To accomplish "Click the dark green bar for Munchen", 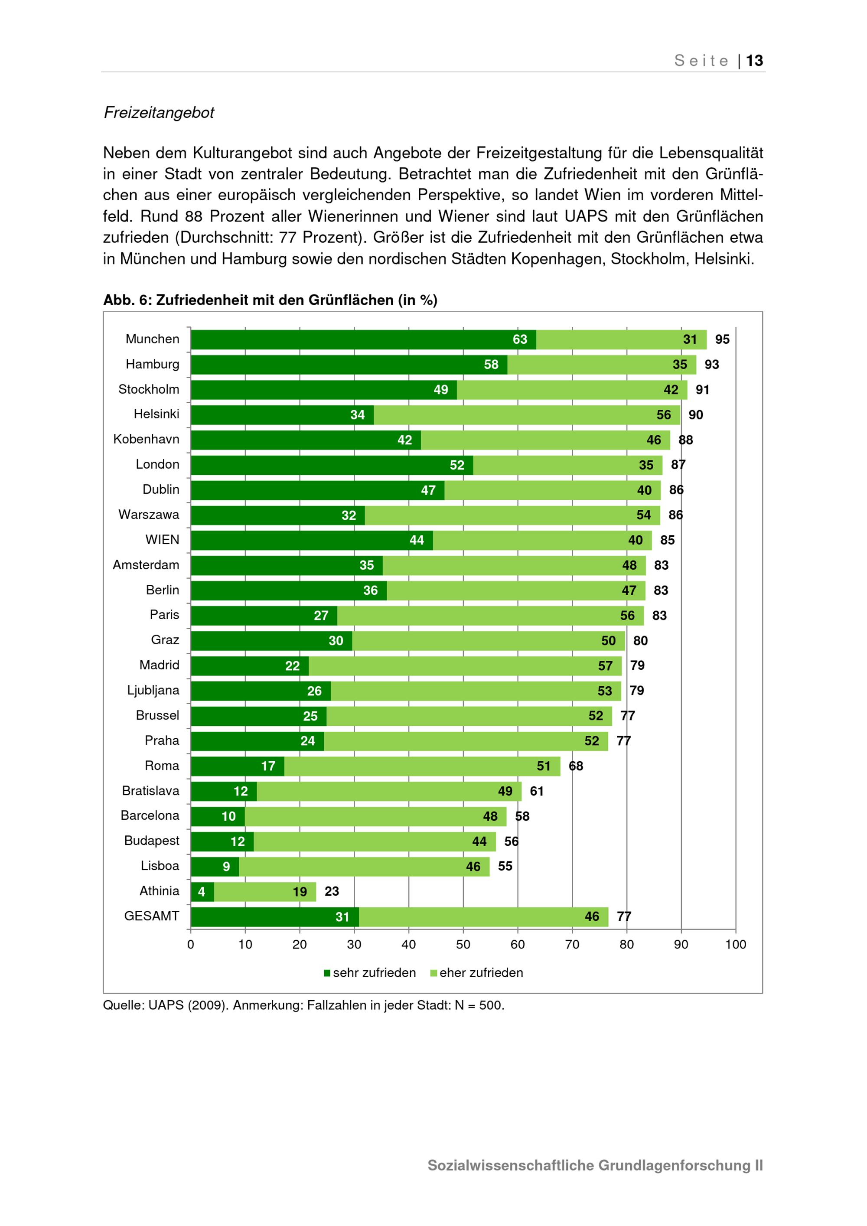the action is tap(364, 339).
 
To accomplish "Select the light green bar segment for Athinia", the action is tap(265, 892).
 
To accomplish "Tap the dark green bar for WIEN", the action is tap(312, 540).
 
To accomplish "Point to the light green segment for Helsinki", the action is tap(527, 415).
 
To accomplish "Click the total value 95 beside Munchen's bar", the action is tap(722, 339).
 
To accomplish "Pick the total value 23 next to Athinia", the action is tap(332, 891).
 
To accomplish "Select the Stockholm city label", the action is tap(149, 389).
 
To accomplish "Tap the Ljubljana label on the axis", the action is tap(153, 691).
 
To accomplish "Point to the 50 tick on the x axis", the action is tap(463, 944).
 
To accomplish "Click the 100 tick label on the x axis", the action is tap(736, 944).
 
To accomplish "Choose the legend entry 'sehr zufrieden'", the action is tap(370, 972).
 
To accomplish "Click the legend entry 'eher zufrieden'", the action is tap(477, 972).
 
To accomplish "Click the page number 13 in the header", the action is tap(754, 60).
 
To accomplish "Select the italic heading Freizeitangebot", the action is tap(159, 113).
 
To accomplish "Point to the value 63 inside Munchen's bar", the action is tap(520, 339).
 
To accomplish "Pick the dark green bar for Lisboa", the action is tap(215, 867).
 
